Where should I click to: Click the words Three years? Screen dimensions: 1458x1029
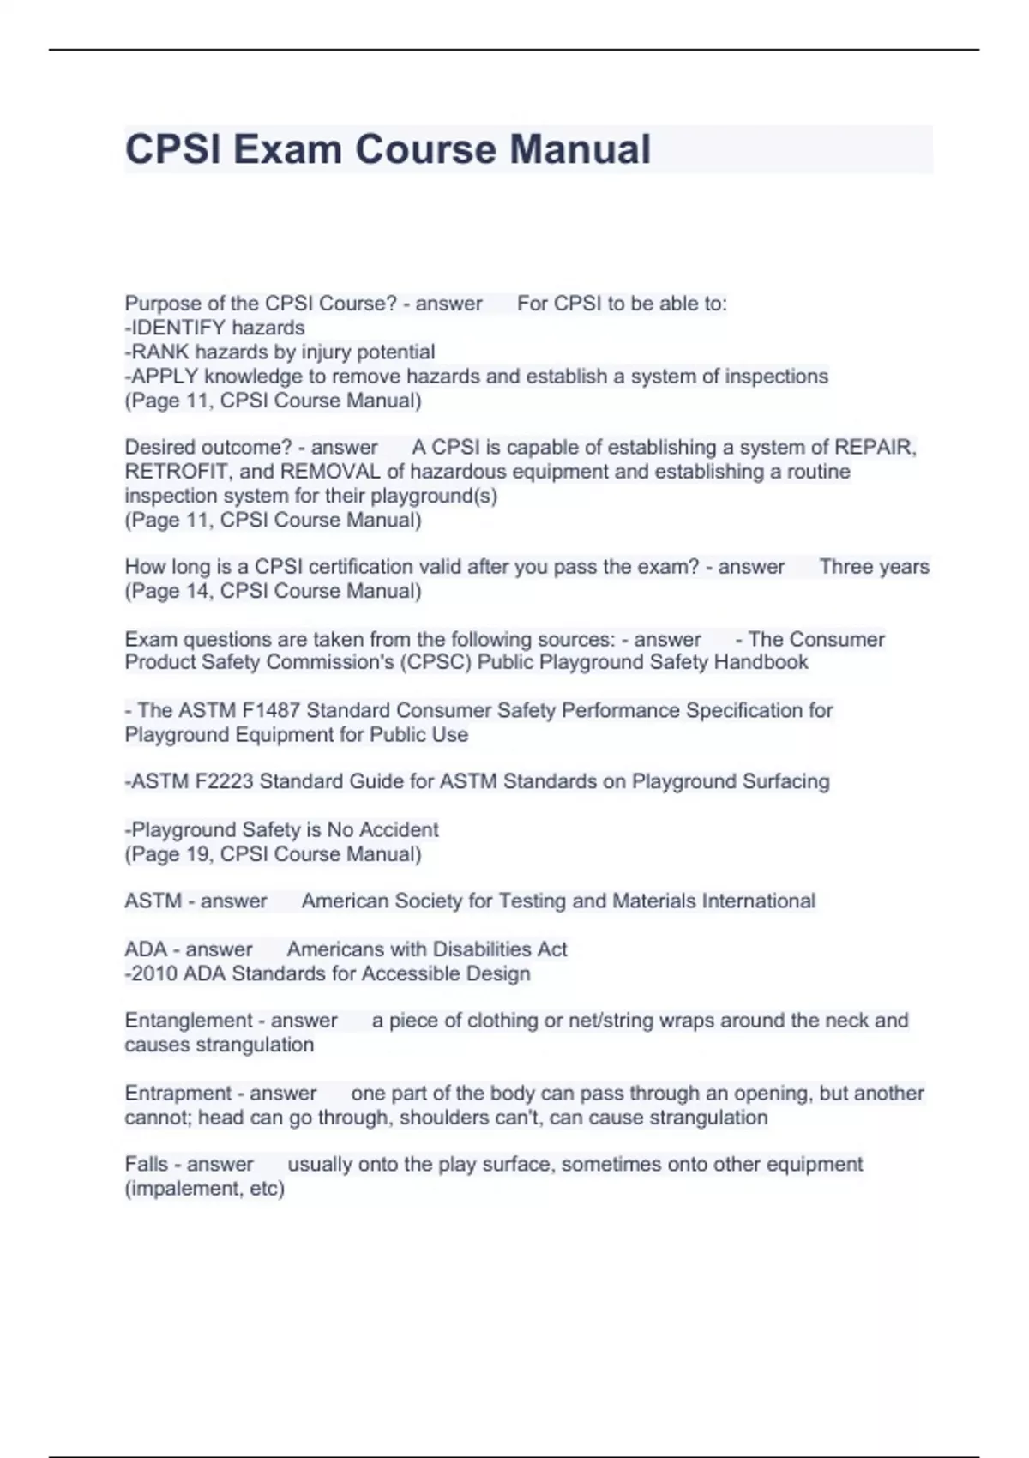pyautogui.click(x=874, y=566)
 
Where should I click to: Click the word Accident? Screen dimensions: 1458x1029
pyautogui.click(x=399, y=829)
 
